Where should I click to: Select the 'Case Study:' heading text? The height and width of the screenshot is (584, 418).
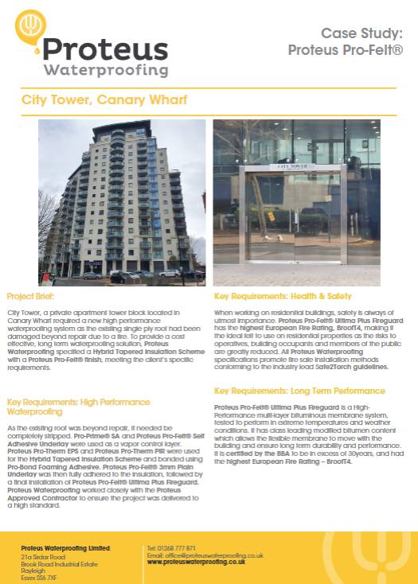[361, 33]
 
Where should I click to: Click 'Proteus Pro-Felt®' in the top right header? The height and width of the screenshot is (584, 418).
[345, 51]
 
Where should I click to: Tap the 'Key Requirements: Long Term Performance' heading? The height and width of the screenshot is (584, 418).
[299, 391]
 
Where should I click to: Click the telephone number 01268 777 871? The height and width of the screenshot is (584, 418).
[176, 548]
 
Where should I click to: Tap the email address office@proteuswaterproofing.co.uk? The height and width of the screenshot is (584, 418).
[217, 555]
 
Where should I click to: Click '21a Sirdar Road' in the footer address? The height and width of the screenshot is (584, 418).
[41, 556]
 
